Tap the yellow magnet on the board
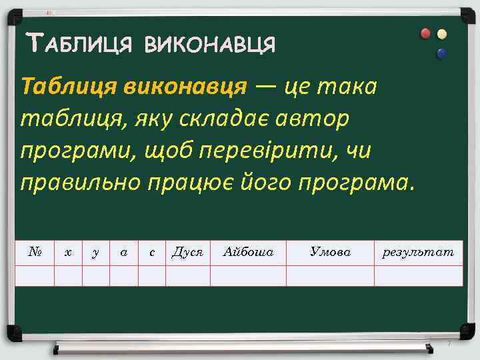pos(441,34)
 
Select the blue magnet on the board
pos(440,53)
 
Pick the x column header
pos(68,253)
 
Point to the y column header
pos(96,253)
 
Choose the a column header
pos(123,253)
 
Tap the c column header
pos(152,253)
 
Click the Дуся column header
pos(187,253)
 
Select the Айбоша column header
pos(248,253)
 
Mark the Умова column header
pos(330,252)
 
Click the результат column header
pos(418,253)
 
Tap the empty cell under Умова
pos(330,275)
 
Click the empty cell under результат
pos(418,275)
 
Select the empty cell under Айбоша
pos(248,275)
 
